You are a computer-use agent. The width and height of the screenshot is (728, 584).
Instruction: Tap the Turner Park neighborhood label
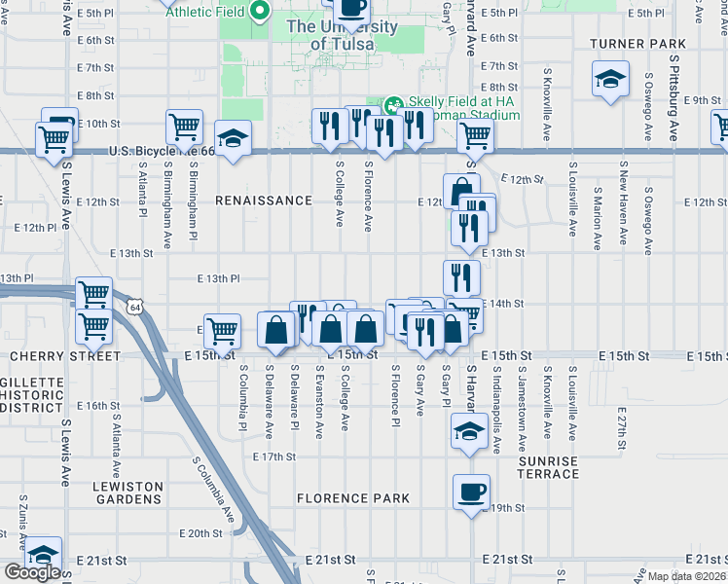pos(637,44)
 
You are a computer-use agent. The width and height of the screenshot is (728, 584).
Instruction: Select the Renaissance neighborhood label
pos(264,201)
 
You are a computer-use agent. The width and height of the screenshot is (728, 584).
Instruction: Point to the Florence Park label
pos(353,498)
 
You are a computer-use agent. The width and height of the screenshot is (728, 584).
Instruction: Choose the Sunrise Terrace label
pos(549,467)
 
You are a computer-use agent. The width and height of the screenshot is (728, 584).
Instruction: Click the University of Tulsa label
pos(341,35)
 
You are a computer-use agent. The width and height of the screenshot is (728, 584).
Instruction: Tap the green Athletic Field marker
pos(260,13)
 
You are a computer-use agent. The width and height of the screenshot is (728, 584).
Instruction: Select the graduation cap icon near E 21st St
pos(42,554)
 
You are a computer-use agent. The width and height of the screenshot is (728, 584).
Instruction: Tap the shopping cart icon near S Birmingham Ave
pos(184,127)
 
